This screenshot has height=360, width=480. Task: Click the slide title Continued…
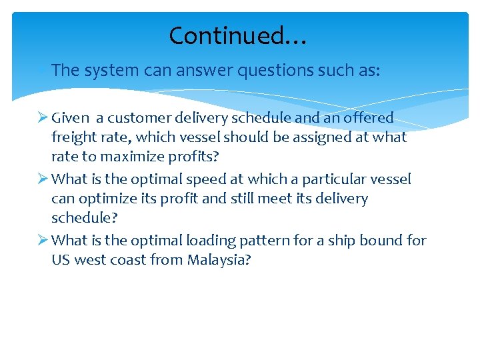pos(237,35)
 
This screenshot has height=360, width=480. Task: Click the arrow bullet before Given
pos(42,118)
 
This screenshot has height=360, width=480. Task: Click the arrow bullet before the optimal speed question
pos(42,179)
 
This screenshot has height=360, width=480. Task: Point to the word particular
pos(339,179)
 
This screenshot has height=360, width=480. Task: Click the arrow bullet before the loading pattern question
pos(42,241)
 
